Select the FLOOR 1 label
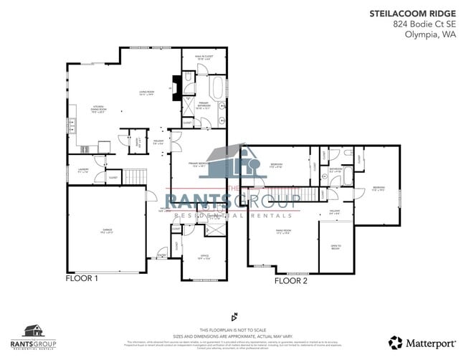tap(82, 278)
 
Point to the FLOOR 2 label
tap(290, 280)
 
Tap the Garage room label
tap(106, 230)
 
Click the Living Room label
tap(146, 93)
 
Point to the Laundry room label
tap(82, 171)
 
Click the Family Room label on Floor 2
tap(282, 232)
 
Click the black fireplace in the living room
tap(172, 84)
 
